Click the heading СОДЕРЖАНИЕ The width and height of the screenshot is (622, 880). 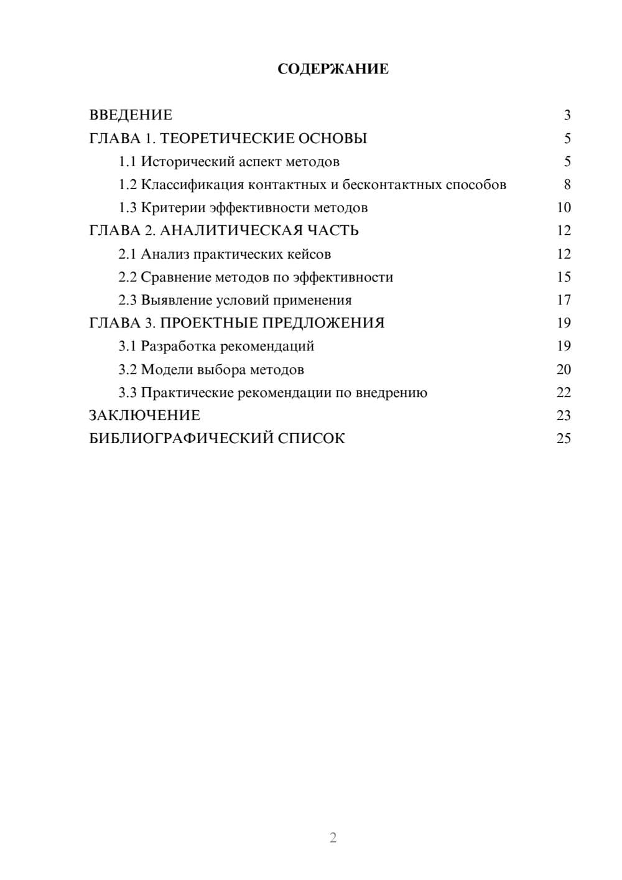[x=333, y=69]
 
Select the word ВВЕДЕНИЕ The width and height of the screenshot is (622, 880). [x=131, y=115]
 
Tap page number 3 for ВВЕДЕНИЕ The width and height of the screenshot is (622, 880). [x=567, y=115]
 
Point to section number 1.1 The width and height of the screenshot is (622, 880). [x=127, y=162]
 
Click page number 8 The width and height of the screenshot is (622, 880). [x=567, y=185]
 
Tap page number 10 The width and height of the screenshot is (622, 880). [x=564, y=208]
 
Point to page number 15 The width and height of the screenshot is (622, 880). [x=564, y=277]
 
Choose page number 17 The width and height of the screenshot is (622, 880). [x=564, y=300]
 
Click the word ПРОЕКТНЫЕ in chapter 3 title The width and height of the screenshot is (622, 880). [x=208, y=323]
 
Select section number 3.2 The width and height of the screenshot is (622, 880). [x=127, y=370]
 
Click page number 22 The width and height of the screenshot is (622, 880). [x=564, y=393]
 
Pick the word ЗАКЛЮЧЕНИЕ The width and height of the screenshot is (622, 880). [x=144, y=416]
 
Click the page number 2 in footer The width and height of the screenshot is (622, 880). [x=333, y=838]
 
